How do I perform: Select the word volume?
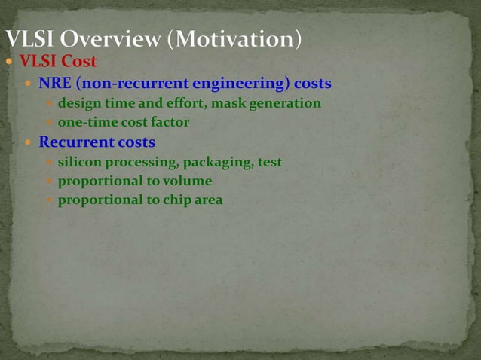tap(188, 181)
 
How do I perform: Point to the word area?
tap(209, 200)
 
